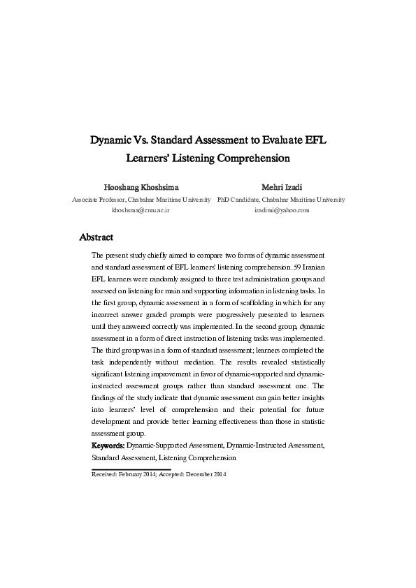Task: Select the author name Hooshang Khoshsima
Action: (141, 187)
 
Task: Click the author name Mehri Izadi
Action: (281, 187)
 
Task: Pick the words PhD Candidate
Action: (238, 199)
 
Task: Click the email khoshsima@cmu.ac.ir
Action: (141, 210)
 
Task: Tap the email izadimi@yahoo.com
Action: (281, 210)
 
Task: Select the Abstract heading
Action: (96, 237)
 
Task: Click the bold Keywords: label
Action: (108, 445)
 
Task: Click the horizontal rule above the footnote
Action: (131, 469)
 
